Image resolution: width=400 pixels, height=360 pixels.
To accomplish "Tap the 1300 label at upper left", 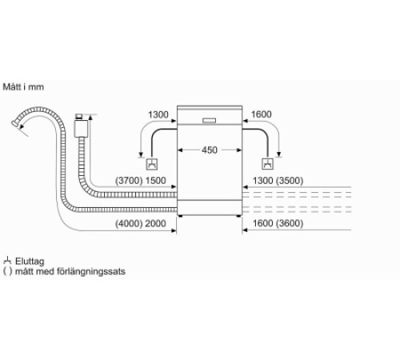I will (158, 115).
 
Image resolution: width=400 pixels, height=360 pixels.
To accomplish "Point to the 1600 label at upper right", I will (262, 115).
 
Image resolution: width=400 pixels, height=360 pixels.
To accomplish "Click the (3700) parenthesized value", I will (130, 182).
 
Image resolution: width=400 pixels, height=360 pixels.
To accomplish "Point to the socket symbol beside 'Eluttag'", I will (7, 260).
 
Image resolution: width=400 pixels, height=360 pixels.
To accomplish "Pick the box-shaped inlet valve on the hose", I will (80, 127).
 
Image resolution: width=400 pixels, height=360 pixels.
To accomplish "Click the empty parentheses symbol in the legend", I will (7, 271).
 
